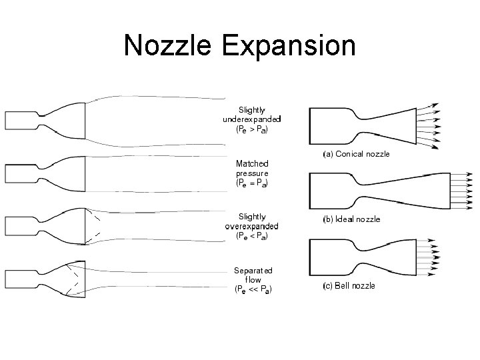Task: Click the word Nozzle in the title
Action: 169,45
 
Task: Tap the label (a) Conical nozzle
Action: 356,154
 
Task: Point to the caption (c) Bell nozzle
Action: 349,285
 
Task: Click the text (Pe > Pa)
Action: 252,130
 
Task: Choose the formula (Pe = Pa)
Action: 252,182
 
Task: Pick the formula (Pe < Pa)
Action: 252,235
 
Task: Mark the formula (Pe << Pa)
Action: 252,289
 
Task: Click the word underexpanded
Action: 252,119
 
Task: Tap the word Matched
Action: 252,163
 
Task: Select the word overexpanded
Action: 252,226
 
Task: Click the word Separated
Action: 253,271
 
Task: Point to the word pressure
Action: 252,173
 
